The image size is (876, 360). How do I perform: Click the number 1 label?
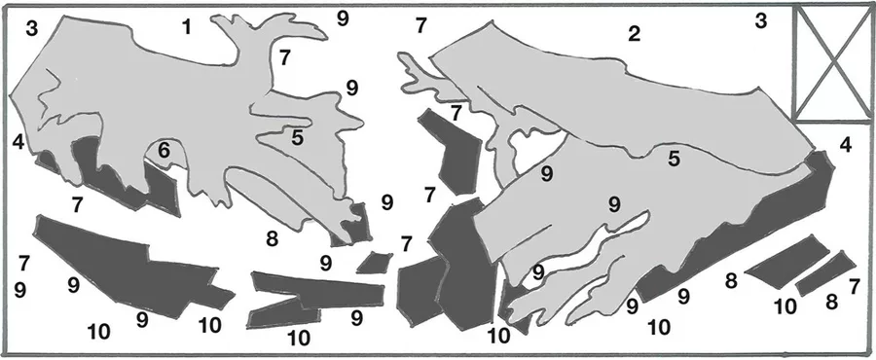(187, 27)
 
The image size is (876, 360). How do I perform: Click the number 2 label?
(634, 35)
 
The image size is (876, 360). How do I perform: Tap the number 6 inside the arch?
(164, 151)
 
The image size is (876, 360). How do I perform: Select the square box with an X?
(832, 63)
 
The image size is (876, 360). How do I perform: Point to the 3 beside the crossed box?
(761, 21)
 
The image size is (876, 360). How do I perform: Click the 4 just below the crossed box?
(846, 146)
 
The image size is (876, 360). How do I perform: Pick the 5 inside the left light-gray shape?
(297, 138)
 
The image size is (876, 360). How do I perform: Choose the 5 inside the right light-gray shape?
(675, 159)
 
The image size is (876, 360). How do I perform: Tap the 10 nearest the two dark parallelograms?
(785, 306)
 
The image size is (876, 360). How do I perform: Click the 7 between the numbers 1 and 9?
(285, 57)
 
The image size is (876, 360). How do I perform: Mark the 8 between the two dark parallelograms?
(832, 303)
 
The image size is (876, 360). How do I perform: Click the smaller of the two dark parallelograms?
(825, 273)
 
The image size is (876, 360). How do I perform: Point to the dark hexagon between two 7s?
(452, 151)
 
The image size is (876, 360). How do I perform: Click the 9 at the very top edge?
(343, 18)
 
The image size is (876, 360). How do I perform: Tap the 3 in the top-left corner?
(32, 29)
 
